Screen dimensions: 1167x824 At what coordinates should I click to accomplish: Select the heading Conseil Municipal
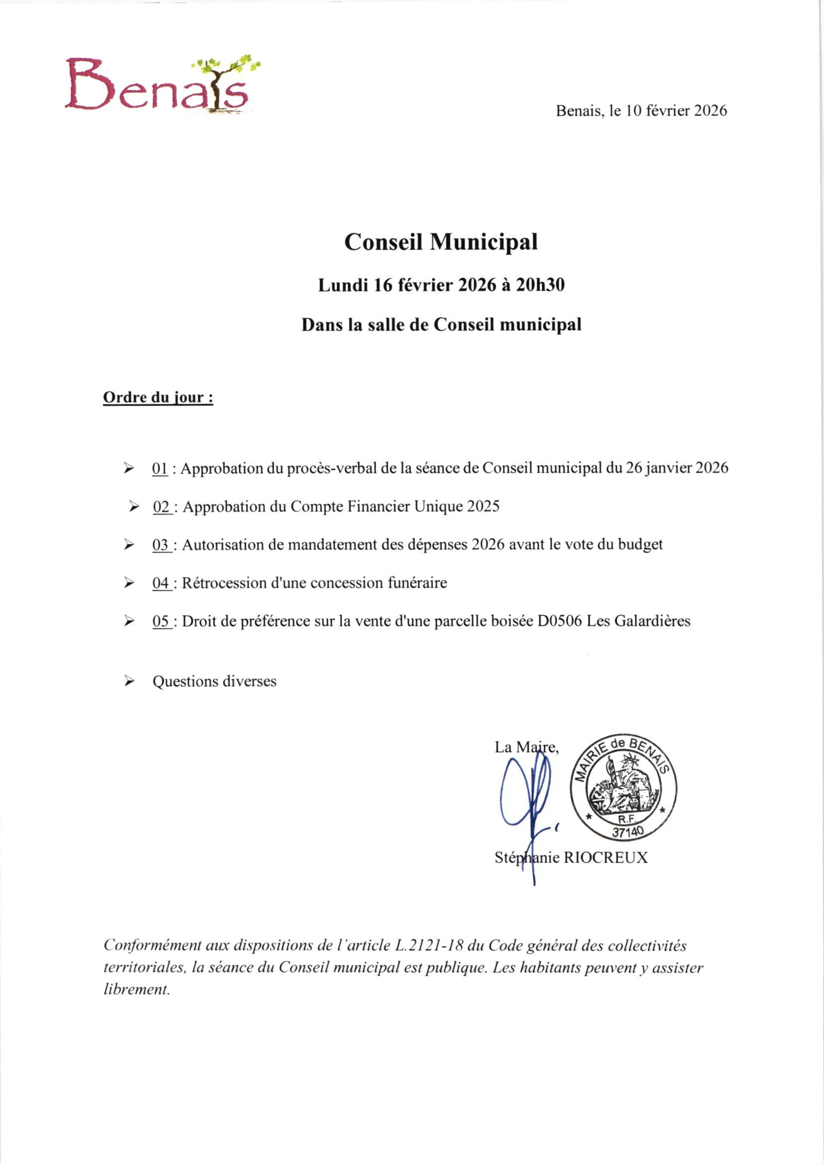tap(441, 242)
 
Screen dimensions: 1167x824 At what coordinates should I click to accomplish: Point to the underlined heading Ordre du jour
tap(158, 397)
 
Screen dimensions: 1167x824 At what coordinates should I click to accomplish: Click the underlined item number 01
tap(160, 468)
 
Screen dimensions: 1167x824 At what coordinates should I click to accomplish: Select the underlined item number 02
tap(161, 507)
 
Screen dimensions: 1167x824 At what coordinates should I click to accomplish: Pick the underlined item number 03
tap(161, 545)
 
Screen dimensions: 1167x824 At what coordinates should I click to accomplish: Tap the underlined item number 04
tap(161, 583)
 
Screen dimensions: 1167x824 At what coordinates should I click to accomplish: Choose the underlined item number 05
tap(161, 621)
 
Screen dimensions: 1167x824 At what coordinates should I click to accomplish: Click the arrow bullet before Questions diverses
tap(129, 682)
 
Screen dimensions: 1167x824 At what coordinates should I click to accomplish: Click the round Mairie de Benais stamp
tap(623, 787)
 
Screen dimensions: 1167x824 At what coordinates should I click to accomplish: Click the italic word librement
tap(136, 990)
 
